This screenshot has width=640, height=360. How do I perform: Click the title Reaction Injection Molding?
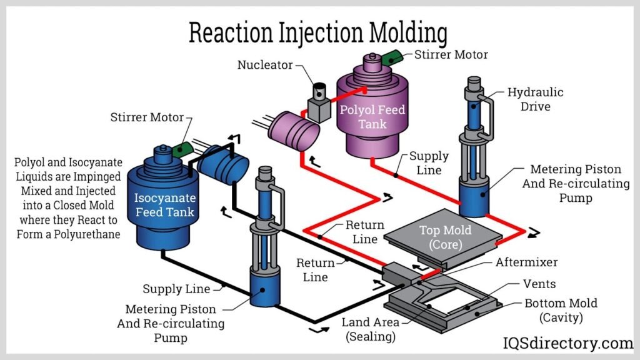318,32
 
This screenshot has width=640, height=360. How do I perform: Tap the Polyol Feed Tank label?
372,117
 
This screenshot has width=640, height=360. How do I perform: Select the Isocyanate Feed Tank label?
165,205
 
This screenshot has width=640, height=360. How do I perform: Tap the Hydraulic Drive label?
535,99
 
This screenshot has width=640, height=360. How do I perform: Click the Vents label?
539,284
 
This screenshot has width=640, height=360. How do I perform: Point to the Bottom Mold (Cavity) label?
561,311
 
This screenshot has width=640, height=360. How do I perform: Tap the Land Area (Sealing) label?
369,330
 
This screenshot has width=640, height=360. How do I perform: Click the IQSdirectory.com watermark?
568,342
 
